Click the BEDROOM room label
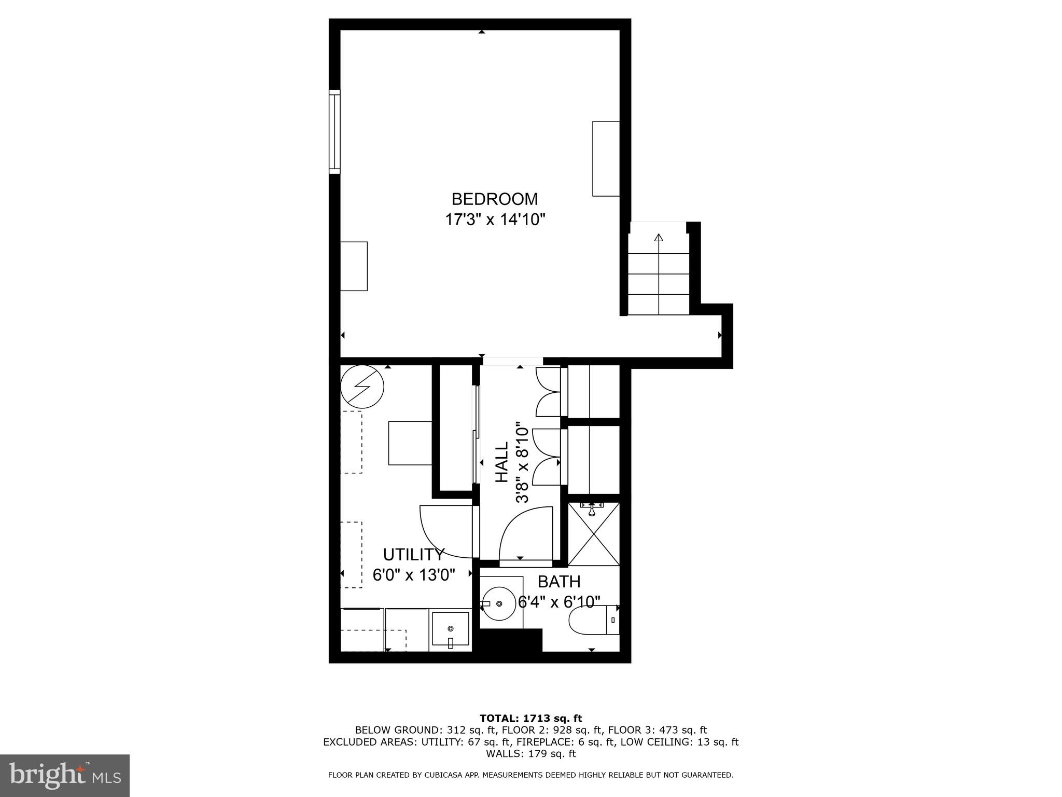pos(494,199)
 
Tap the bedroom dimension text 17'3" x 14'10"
pos(495,220)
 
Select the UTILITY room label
pos(413,555)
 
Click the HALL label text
pos(501,462)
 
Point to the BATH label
pos(558,582)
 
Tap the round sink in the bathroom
pos(499,604)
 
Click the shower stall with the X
pos(593,534)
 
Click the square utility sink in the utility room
pos(450,630)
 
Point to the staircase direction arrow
pos(659,239)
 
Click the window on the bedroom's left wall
pos(335,131)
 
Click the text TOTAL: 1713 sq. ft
pos(530,719)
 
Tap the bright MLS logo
pos(65,776)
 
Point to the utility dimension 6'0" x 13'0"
pos(413,575)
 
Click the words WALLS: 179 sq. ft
pos(530,753)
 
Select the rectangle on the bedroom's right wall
pos(606,159)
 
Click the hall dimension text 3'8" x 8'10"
pos(522,464)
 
